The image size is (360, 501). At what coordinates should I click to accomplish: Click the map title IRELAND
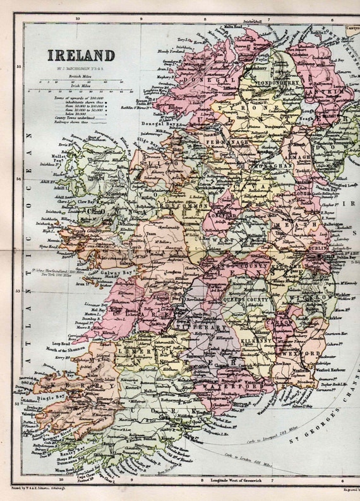click(80, 55)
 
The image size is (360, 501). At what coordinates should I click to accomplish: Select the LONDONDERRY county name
click(265, 82)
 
